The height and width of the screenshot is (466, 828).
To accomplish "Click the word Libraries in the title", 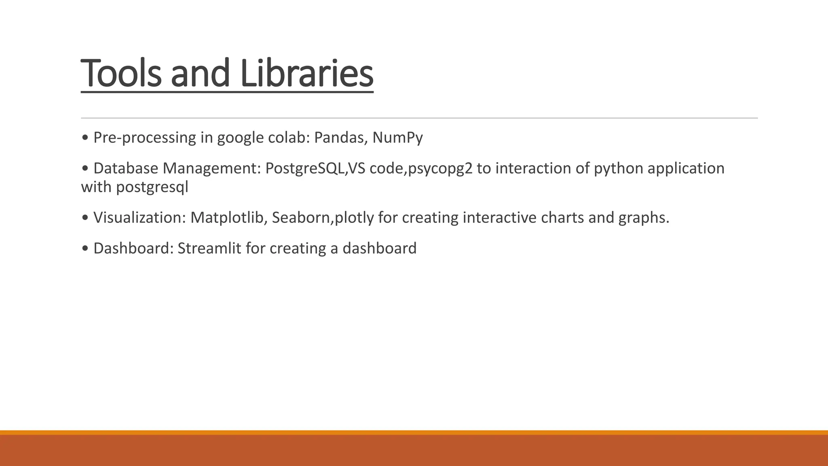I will point(306,74).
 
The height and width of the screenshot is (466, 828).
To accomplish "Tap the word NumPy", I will point(397,138).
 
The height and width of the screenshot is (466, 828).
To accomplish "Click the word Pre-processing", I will point(145,138).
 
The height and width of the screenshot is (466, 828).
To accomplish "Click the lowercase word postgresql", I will point(152,188).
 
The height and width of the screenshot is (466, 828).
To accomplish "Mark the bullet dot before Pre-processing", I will point(84,138).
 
